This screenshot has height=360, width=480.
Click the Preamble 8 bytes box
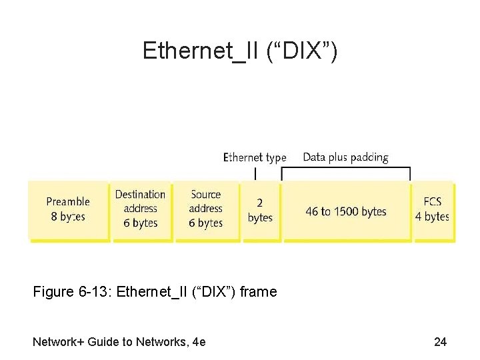click(68, 210)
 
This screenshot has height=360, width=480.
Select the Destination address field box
click(140, 210)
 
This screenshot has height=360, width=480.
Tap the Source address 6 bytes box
click(205, 210)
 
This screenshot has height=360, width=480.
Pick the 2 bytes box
click(260, 210)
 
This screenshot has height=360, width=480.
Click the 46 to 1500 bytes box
click(346, 211)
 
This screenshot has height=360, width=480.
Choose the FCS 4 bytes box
click(433, 210)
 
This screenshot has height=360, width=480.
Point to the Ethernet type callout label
click(255, 157)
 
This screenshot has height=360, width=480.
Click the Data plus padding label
click(345, 157)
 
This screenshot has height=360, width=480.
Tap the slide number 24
click(440, 342)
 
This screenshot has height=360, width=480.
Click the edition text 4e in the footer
click(198, 342)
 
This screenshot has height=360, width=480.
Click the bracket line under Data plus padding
click(345, 168)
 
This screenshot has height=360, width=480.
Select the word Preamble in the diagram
click(68, 201)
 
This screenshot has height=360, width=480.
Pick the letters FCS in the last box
click(433, 201)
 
